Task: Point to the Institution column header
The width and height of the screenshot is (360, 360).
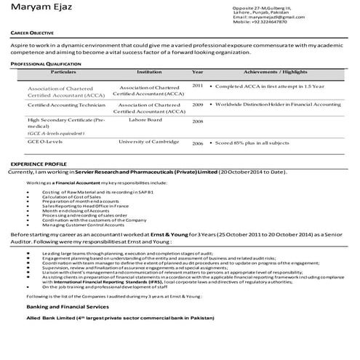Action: click(149, 73)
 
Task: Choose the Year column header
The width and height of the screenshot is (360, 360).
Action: click(197, 73)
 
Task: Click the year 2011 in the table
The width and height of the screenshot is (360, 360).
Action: click(197, 86)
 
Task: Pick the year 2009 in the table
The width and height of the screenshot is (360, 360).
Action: click(197, 105)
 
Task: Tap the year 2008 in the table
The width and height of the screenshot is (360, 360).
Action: click(197, 121)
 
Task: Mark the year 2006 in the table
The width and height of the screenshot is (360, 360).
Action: click(197, 143)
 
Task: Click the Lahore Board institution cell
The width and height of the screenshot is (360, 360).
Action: click(148, 119)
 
